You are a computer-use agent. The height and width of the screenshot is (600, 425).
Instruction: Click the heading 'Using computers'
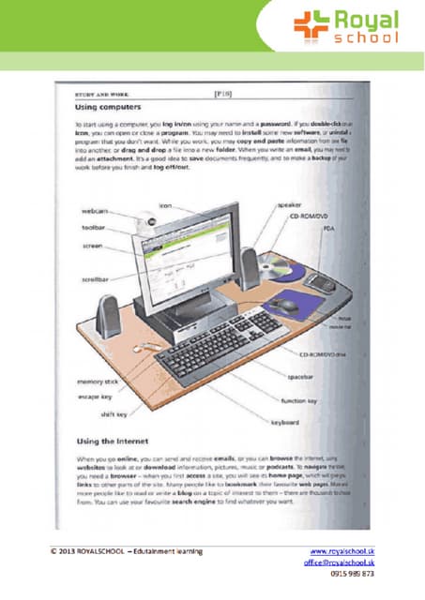click(102, 110)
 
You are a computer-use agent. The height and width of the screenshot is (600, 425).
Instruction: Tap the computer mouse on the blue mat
click(288, 304)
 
